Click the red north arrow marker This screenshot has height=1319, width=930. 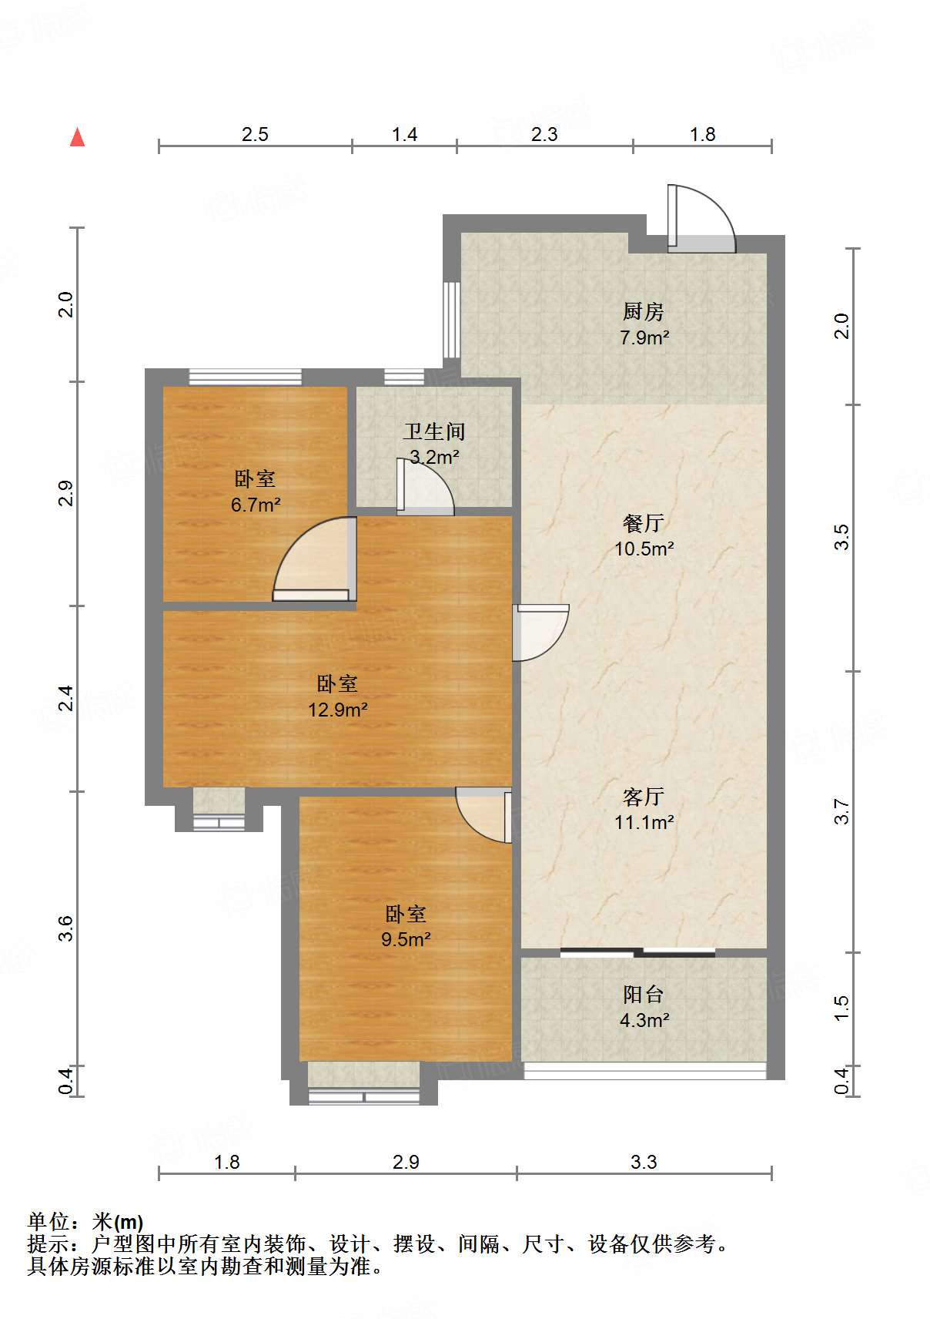coord(77,137)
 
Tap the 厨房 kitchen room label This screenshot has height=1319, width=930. coord(643,311)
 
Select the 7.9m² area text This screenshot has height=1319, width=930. coord(644,337)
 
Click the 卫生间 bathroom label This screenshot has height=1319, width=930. coord(434,431)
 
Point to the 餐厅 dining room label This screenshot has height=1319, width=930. coord(643,523)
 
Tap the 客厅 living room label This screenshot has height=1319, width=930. coord(643,796)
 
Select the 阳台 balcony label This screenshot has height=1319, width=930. coord(643,994)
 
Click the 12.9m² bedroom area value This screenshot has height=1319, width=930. coord(337,710)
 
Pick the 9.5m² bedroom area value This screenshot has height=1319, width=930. coord(406,939)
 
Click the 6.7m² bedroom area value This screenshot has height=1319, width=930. coord(255,505)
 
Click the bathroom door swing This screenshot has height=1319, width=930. coord(423,487)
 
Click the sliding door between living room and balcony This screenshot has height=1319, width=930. coord(637,952)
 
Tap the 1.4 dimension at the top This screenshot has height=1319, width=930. coord(404,135)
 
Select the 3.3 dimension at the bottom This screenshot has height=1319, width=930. coord(643,1162)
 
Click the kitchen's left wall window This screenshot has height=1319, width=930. coord(452,319)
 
